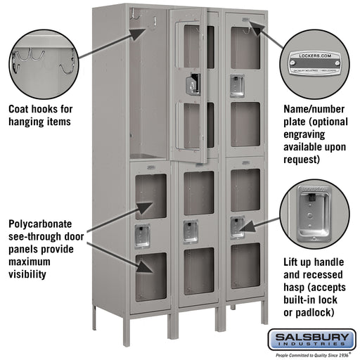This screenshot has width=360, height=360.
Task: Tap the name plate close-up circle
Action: pos(314,64)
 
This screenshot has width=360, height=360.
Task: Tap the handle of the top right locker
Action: pos(238,84)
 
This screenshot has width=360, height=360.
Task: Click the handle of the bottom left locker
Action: pos(143,236)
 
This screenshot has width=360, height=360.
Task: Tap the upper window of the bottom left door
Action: pos(150,196)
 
